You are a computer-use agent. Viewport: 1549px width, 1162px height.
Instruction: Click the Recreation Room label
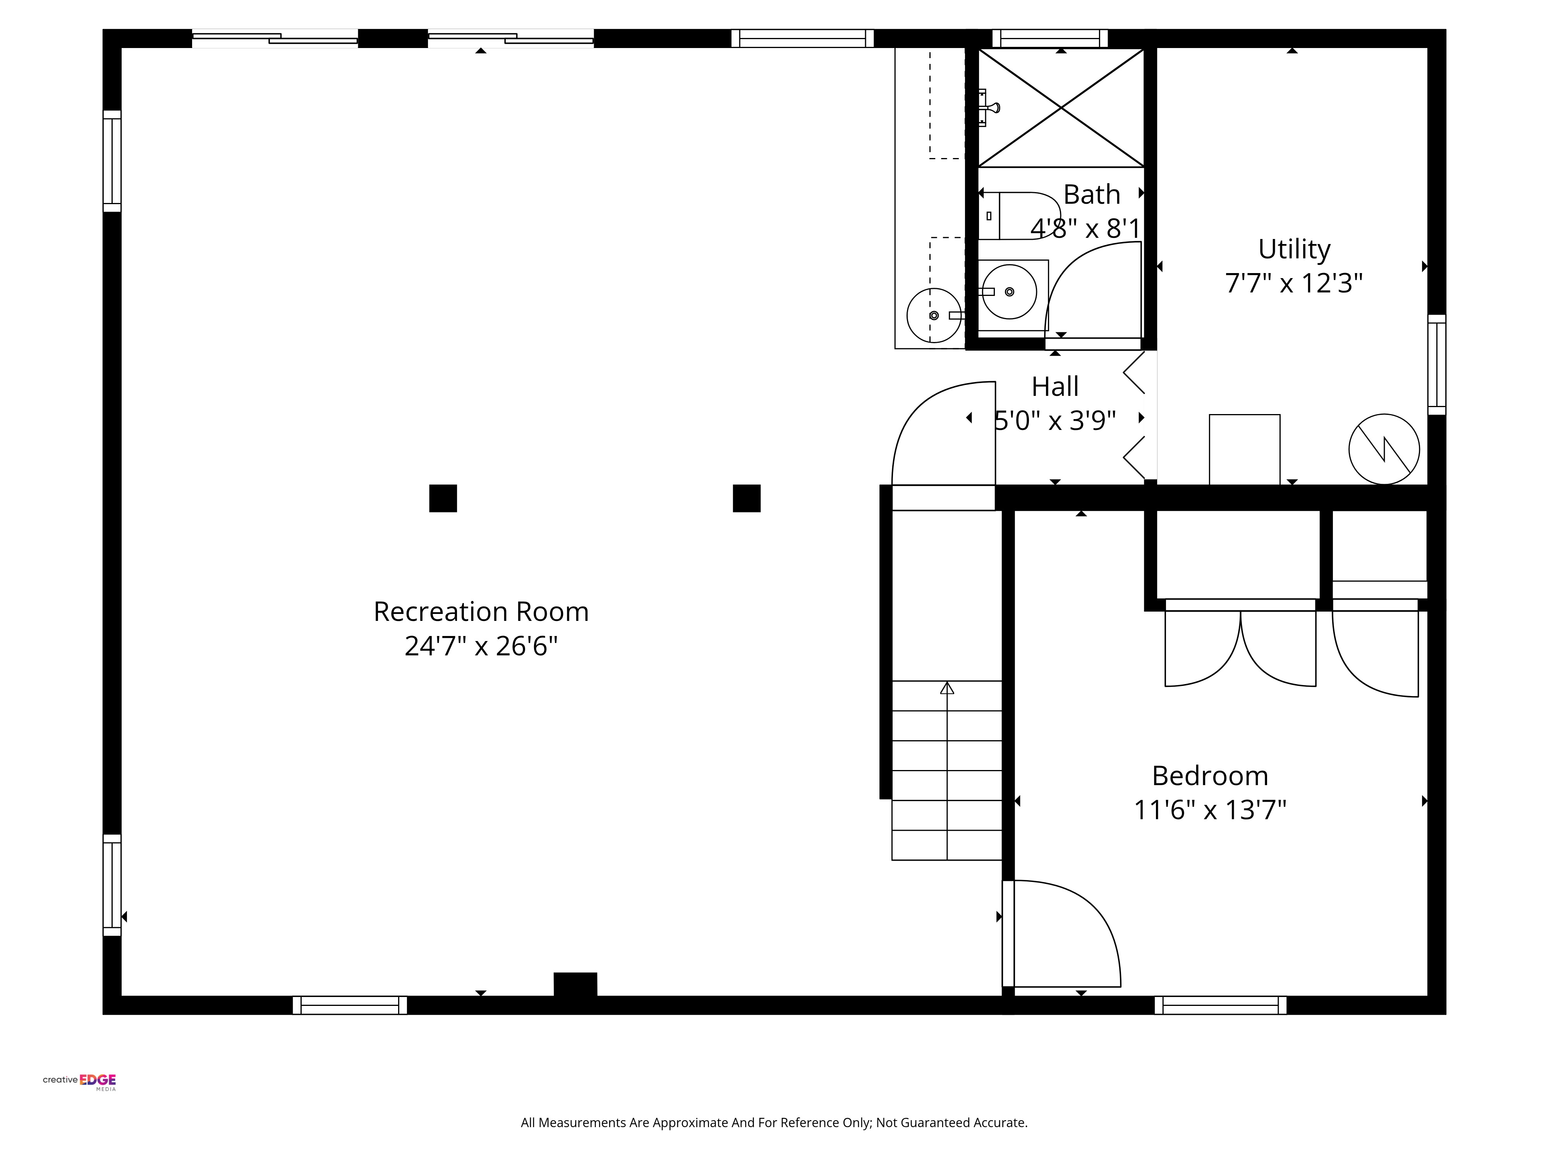click(x=481, y=612)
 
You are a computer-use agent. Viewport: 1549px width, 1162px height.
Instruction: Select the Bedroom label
click(x=1210, y=775)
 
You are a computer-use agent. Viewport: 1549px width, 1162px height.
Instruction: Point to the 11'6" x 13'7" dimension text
click(x=1210, y=810)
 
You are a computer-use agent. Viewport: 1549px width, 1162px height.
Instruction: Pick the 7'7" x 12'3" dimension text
click(x=1294, y=283)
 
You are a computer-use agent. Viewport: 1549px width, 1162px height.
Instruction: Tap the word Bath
click(x=1092, y=194)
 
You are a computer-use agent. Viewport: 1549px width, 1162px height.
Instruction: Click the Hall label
click(x=1054, y=386)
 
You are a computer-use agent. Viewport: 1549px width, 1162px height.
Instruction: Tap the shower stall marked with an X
click(x=1061, y=108)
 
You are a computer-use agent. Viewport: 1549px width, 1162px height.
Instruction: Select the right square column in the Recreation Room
click(x=747, y=498)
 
